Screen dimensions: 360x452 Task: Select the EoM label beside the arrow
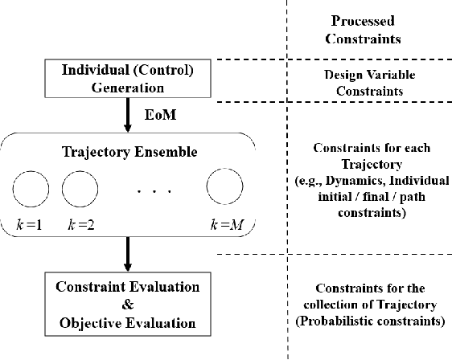tap(156, 116)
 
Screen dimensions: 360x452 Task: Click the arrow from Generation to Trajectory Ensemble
tap(128, 116)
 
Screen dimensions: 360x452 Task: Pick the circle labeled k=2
tap(78, 190)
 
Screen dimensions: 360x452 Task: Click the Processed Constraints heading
tap(367, 30)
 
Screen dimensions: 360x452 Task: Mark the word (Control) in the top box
tap(163, 71)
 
